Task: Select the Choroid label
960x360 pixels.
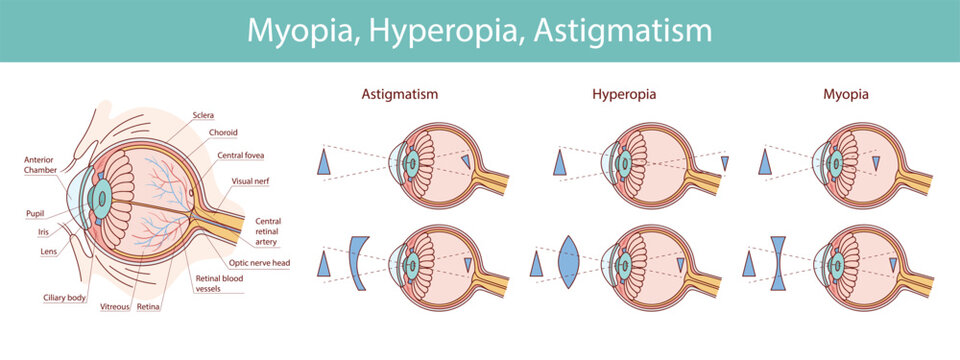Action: pos(223,132)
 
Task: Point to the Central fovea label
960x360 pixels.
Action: pos(241,156)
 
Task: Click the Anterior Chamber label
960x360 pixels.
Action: pos(41,164)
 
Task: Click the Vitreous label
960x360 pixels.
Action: pos(114,308)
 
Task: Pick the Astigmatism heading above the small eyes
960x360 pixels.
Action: pos(400,94)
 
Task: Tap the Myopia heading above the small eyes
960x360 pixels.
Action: pos(845,94)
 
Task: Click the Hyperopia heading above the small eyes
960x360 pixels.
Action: pos(630,94)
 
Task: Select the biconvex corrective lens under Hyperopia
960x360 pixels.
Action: pos(570,263)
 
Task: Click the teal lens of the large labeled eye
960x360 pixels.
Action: pos(101,200)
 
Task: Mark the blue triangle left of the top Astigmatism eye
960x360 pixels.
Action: pos(324,162)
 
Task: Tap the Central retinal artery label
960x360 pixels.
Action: pos(268,231)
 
